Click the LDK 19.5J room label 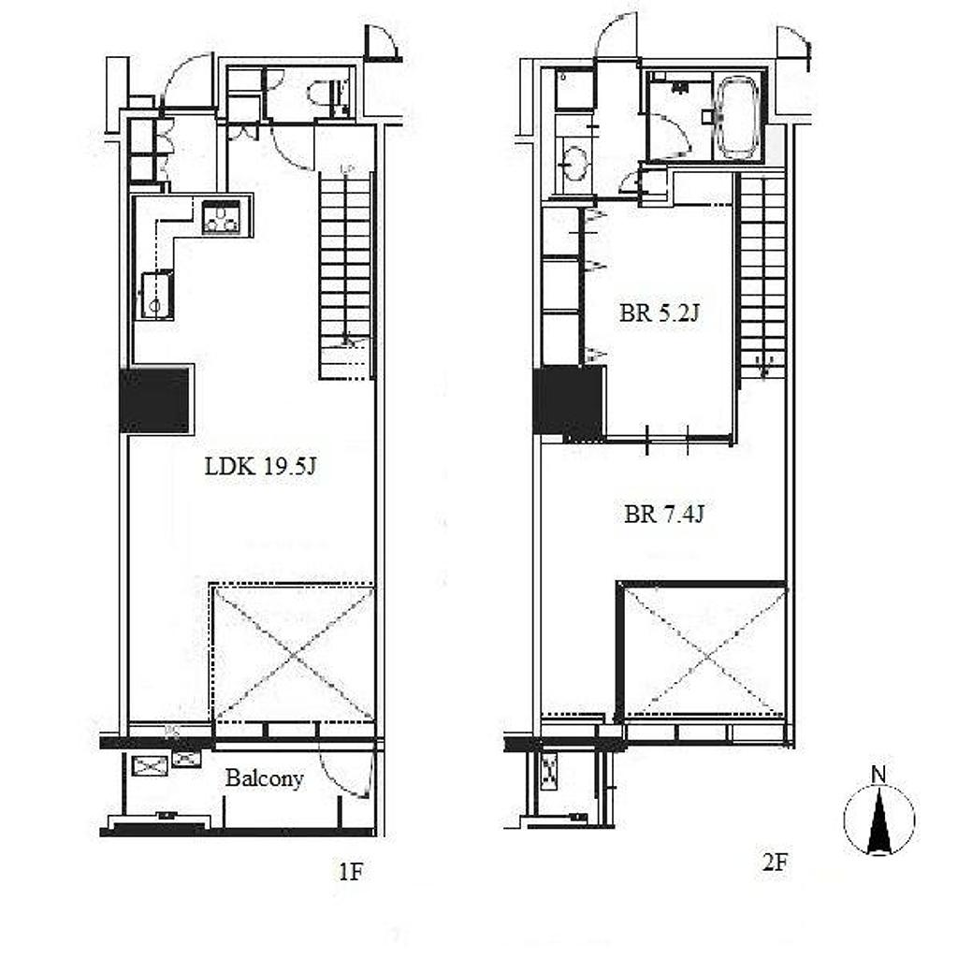[x=260, y=468]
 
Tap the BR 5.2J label [x=659, y=313]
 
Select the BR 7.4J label [x=664, y=515]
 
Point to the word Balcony [x=265, y=779]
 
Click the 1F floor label [x=351, y=873]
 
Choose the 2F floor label [x=775, y=863]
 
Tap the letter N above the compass [x=878, y=776]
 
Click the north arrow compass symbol [x=879, y=820]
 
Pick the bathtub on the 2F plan [x=737, y=115]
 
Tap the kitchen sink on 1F [x=157, y=296]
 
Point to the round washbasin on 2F [x=575, y=163]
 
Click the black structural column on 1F [x=154, y=400]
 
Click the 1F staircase [x=346, y=275]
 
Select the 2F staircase [x=762, y=276]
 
